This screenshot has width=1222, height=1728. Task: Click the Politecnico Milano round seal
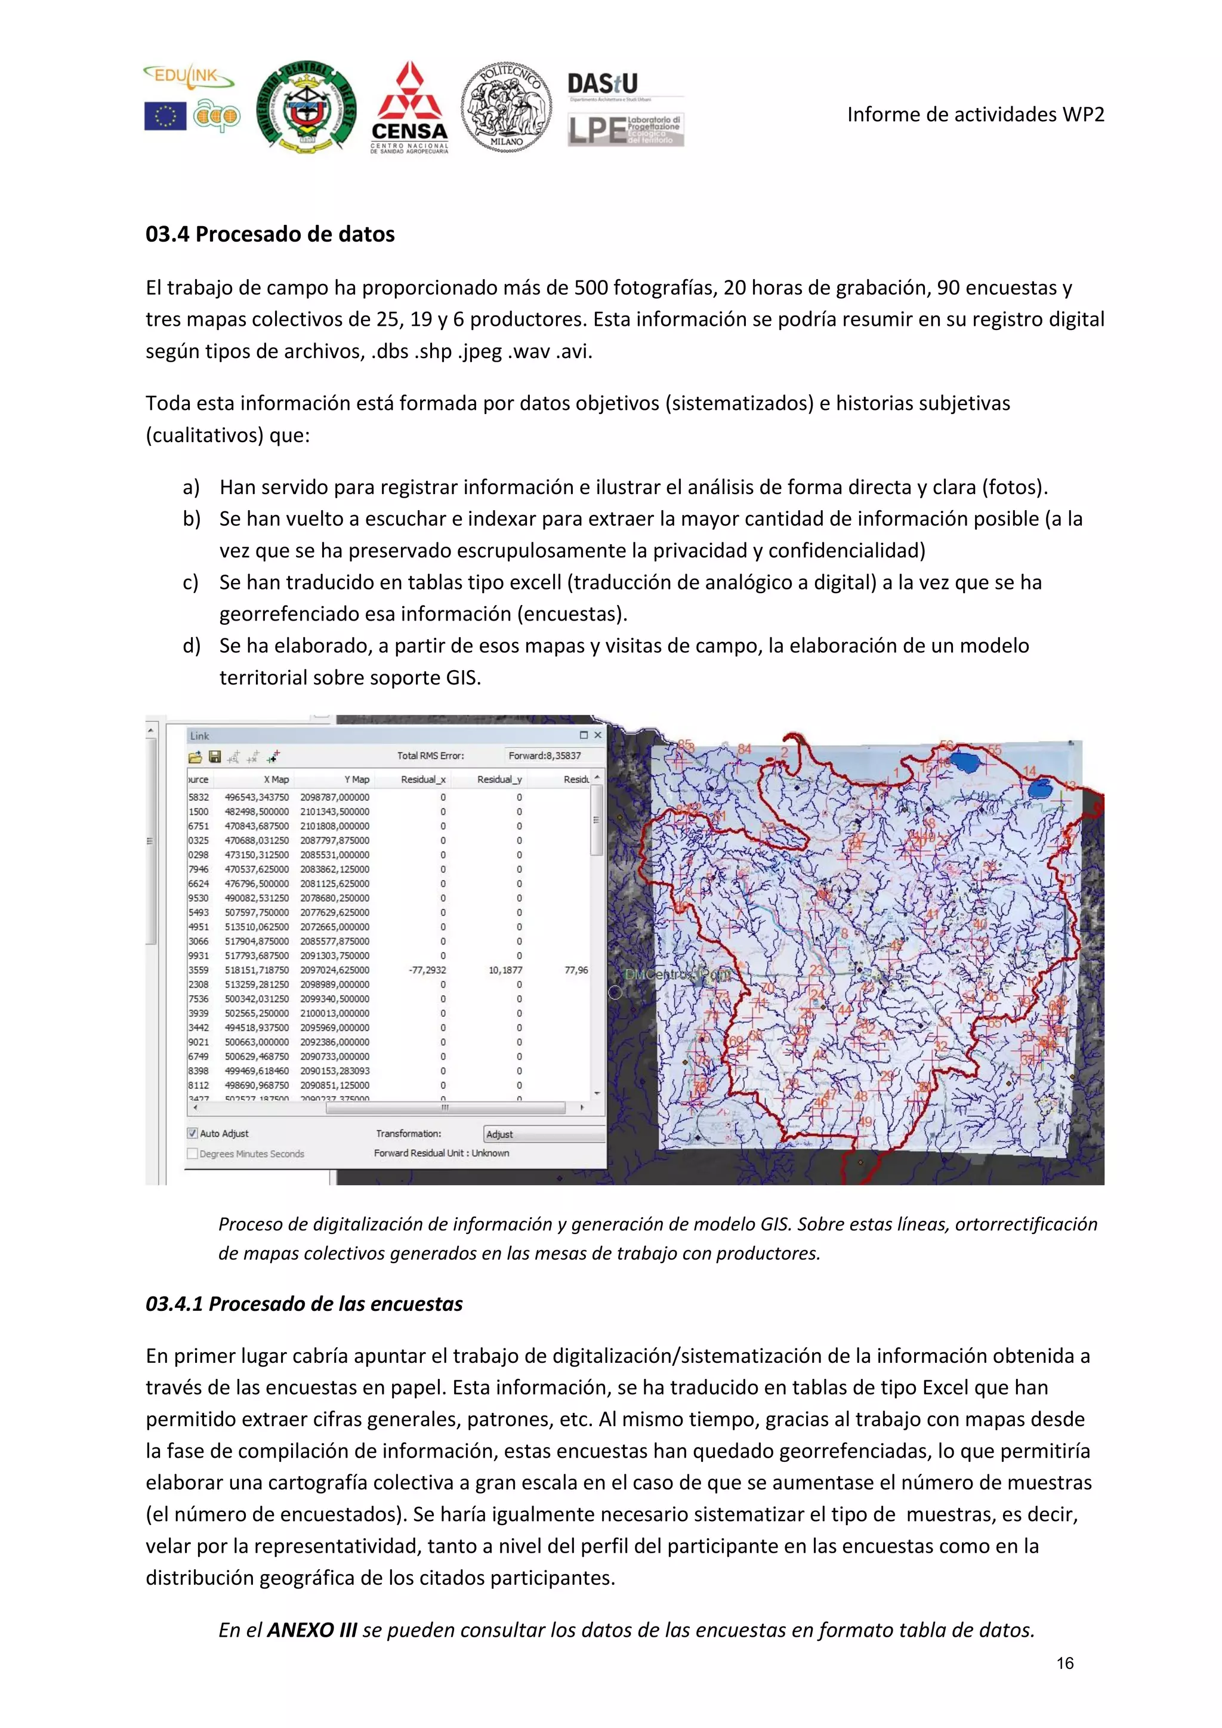tap(505, 107)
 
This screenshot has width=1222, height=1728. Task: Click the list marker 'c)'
tap(190, 582)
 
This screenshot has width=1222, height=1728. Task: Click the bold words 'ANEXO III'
tap(311, 1630)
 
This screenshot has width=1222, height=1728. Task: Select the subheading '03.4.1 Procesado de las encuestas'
tap(304, 1304)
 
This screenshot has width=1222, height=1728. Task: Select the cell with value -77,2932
tap(427, 970)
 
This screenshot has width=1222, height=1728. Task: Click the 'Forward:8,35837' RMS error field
tap(544, 755)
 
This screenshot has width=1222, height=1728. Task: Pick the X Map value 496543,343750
tap(257, 797)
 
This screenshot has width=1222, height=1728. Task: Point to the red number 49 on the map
tap(865, 1122)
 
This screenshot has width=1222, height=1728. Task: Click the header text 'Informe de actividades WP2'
tap(975, 115)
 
